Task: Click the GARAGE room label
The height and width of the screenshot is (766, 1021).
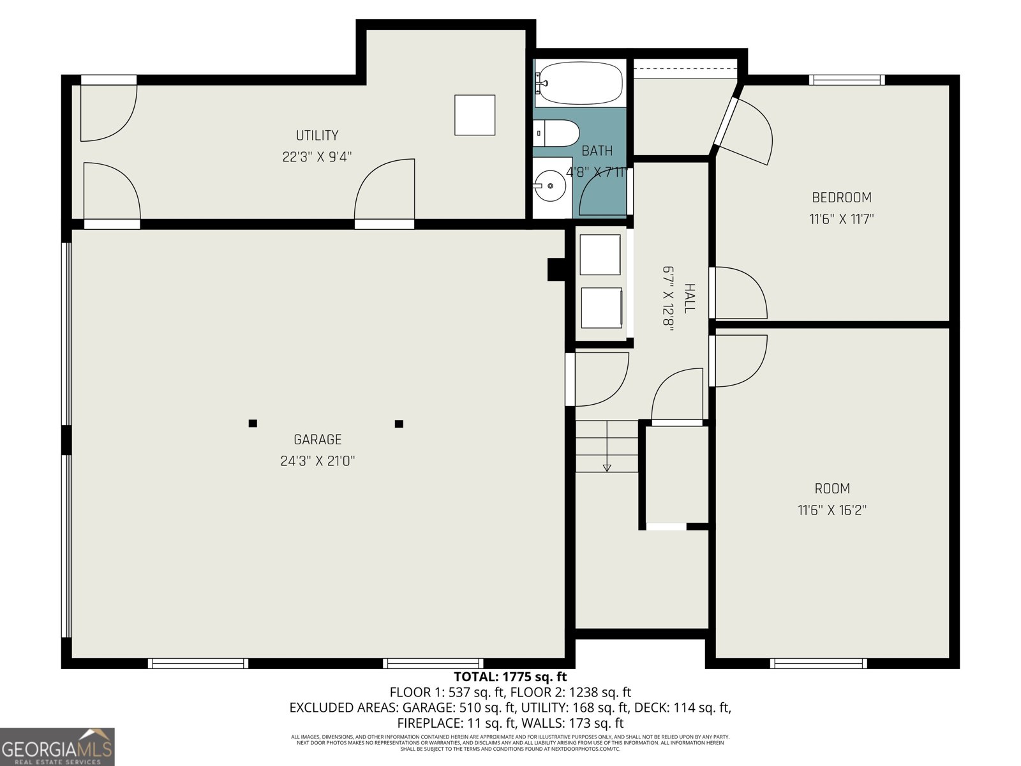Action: pyautogui.click(x=317, y=439)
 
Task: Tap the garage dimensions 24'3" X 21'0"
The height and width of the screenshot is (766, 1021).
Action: pyautogui.click(x=317, y=461)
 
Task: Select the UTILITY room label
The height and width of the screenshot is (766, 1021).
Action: pyautogui.click(x=317, y=135)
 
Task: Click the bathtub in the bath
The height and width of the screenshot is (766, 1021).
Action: pyautogui.click(x=579, y=83)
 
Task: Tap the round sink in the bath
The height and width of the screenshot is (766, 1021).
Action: pyautogui.click(x=550, y=186)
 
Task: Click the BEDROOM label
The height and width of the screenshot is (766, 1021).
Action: pyautogui.click(x=841, y=197)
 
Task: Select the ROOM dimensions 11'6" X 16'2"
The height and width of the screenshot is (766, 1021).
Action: pyautogui.click(x=832, y=510)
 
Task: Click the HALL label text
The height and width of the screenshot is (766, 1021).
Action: pyautogui.click(x=689, y=298)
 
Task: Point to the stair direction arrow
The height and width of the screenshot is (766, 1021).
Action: pyautogui.click(x=607, y=467)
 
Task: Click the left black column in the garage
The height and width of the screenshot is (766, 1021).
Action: pyautogui.click(x=253, y=423)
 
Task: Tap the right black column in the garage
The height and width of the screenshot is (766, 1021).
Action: pyautogui.click(x=399, y=423)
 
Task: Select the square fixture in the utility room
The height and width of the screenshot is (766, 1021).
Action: pyautogui.click(x=475, y=115)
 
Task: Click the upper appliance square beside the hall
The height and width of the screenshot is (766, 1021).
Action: pyautogui.click(x=600, y=255)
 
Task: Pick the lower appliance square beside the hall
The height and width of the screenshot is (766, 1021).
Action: pyautogui.click(x=601, y=308)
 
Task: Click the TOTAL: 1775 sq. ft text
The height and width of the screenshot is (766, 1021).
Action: pyautogui.click(x=510, y=677)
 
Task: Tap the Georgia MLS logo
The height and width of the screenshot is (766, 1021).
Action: pyautogui.click(x=57, y=747)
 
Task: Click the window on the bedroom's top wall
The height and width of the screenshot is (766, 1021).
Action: pyautogui.click(x=847, y=80)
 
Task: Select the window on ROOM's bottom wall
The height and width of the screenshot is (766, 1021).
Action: pyautogui.click(x=818, y=663)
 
